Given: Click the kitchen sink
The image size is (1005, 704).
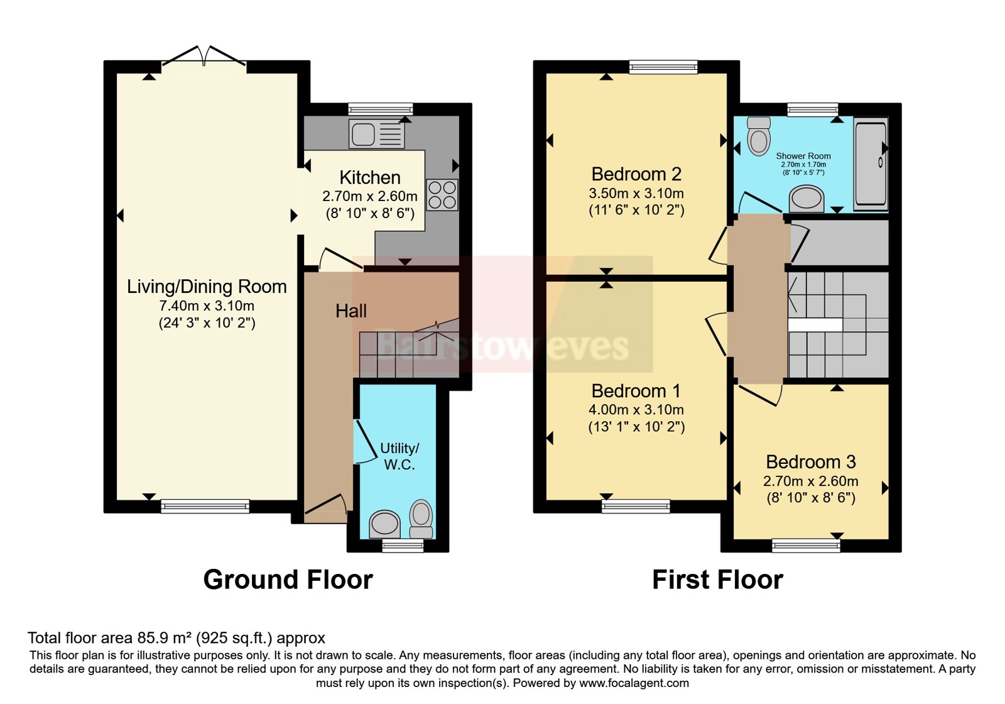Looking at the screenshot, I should tap(376, 134).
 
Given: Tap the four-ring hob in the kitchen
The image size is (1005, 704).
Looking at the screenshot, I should tap(442, 195).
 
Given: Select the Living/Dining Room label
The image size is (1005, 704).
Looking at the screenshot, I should tap(207, 287).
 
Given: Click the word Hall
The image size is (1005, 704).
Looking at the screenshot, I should tap(350, 311).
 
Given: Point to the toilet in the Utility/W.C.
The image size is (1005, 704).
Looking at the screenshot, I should tap(421, 518).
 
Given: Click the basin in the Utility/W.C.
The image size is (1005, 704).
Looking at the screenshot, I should tap(384, 523).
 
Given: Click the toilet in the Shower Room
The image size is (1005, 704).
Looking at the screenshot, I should tap(759, 136).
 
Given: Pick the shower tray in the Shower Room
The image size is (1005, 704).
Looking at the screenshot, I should tap(871, 163).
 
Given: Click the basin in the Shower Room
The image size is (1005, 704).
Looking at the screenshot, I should tap(807, 199).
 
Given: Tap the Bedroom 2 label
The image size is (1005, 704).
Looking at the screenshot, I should tap(636, 173).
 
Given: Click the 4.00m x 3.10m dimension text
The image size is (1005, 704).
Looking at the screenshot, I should tap(636, 410).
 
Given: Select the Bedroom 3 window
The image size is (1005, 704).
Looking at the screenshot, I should tap(806, 546).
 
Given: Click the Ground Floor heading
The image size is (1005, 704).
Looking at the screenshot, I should tap(288, 580).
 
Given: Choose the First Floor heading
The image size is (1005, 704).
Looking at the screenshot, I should tap(717, 580).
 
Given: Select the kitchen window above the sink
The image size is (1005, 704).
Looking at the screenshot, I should tap(380, 109).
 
